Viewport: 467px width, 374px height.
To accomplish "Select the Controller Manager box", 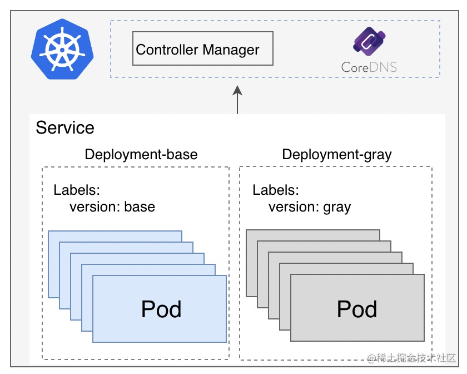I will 203,49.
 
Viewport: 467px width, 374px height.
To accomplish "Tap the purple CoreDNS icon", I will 369,43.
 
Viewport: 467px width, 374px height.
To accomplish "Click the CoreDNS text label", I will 369,68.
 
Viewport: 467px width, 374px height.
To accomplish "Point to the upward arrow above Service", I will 237,100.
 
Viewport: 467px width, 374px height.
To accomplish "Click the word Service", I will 65,128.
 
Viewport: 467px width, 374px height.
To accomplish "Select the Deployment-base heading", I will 141,154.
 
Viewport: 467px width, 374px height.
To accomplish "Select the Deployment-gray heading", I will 337,154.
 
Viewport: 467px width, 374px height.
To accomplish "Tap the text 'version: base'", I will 112,207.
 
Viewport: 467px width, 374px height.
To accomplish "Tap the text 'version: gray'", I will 310,207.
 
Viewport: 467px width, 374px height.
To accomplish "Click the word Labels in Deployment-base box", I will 76,190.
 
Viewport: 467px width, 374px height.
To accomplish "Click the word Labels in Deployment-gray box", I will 275,190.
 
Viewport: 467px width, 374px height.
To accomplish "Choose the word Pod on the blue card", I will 161,309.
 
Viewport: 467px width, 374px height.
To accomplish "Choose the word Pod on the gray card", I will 357,309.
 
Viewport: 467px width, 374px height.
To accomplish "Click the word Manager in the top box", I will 231,50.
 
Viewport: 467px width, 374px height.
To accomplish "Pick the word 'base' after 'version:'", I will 140,207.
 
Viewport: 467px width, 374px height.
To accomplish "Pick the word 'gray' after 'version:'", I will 337,208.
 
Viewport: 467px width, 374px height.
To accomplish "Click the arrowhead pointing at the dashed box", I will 237,90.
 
